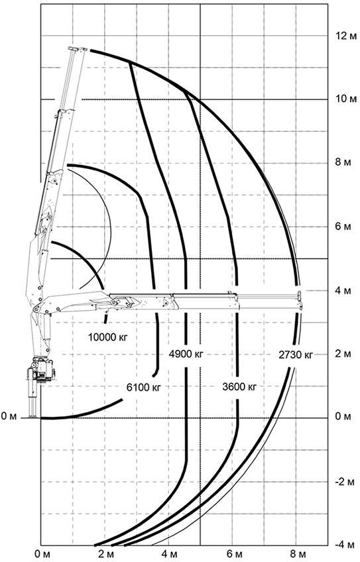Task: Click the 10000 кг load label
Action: [108, 337]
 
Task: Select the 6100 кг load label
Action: [144, 387]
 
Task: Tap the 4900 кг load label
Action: [186, 354]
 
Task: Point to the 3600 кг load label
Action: [239, 387]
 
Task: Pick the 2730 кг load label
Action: [296, 355]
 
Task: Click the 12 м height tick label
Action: [346, 36]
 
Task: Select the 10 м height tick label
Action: [346, 99]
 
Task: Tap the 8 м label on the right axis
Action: [343, 163]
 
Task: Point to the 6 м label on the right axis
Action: [343, 227]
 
